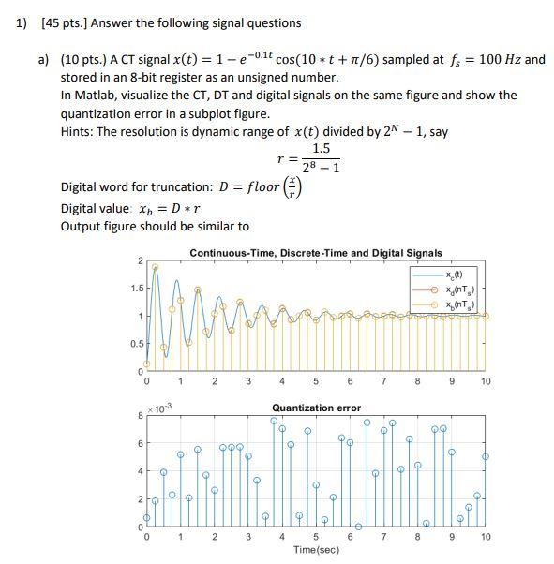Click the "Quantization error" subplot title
(315, 408)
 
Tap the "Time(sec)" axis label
(315, 549)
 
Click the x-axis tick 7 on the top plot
(382, 381)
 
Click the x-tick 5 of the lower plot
(315, 537)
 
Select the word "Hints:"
(80, 131)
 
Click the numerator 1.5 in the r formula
(321, 148)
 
